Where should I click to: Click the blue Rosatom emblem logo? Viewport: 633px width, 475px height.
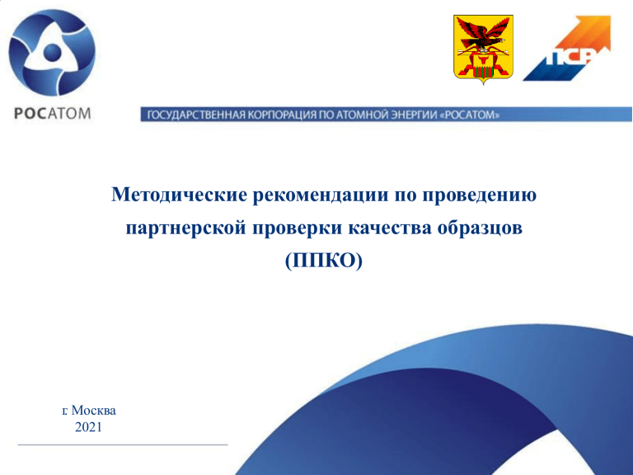pos(52,53)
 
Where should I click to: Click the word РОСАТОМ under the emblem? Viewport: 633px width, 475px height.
pos(53,114)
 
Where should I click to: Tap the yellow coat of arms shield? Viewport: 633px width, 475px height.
pos(483,49)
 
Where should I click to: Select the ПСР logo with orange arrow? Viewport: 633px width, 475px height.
pos(567,48)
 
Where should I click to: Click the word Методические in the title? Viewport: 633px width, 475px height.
pos(179,195)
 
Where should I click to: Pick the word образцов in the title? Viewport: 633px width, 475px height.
pos(480,228)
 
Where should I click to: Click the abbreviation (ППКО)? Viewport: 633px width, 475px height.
pos(324,261)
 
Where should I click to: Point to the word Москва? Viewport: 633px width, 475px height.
pos(94,411)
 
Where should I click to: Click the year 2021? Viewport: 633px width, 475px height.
pos(88,427)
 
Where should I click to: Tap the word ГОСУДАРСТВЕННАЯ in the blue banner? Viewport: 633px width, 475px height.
pos(196,115)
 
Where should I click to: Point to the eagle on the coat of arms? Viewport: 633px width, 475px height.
pos(484,36)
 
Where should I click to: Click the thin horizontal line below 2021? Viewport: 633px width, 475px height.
pos(123,444)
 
